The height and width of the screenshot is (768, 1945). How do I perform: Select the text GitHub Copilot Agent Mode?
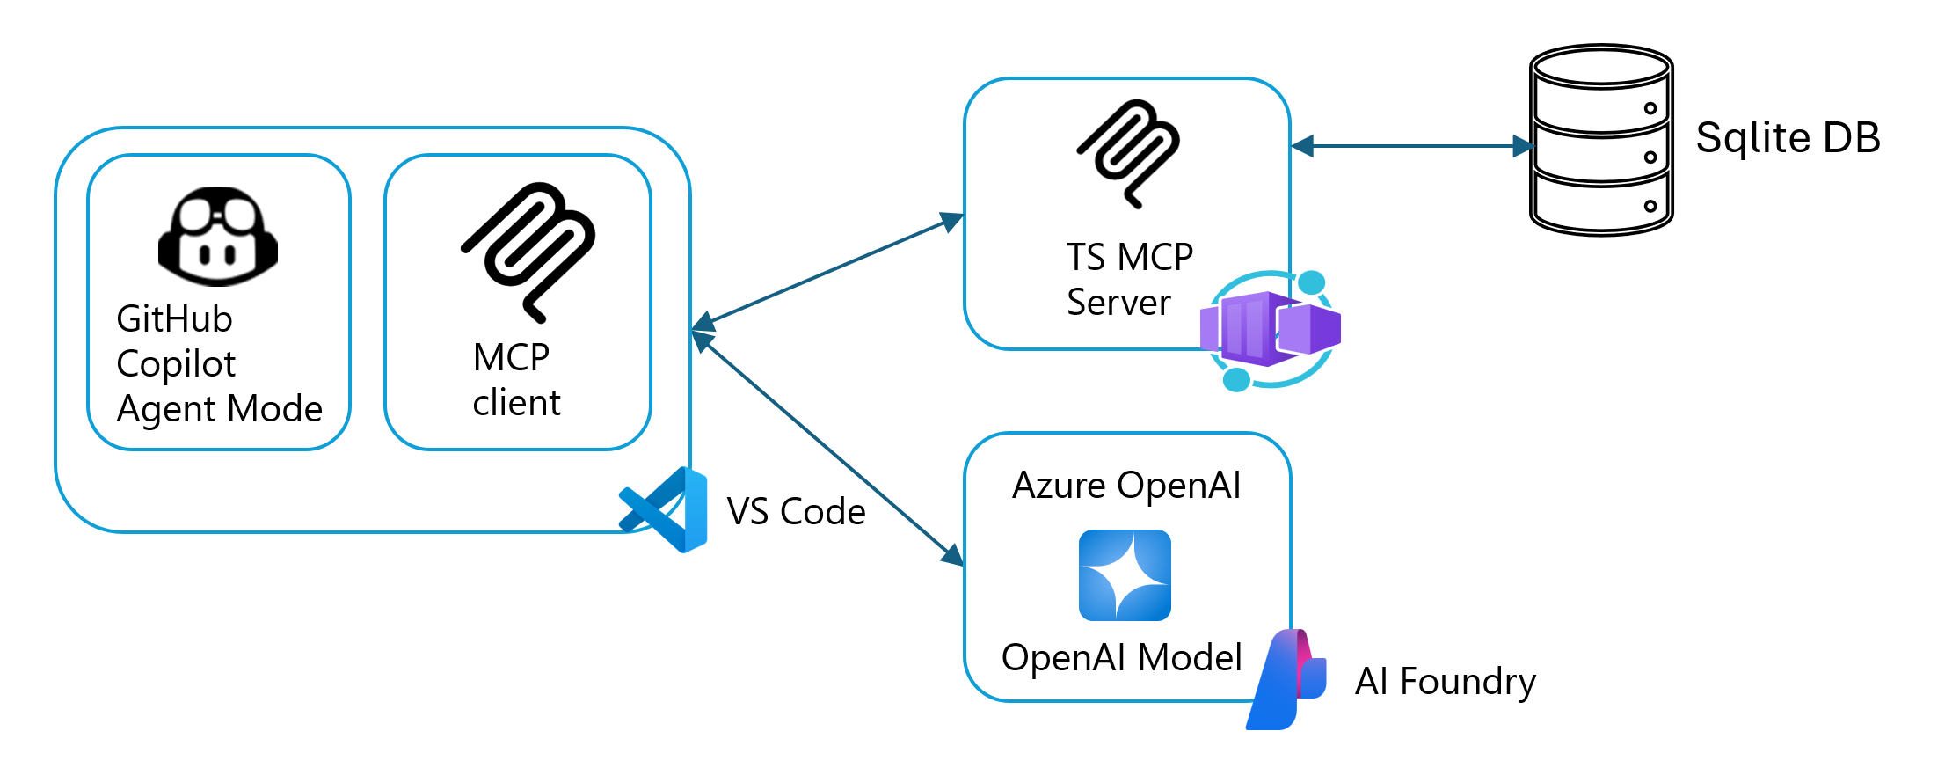[x=219, y=364]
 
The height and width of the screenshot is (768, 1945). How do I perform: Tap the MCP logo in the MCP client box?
[x=528, y=252]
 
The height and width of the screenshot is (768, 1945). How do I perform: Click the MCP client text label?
[x=516, y=380]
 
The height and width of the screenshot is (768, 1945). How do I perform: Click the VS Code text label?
[x=796, y=512]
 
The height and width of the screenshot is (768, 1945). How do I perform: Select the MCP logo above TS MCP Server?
[x=1128, y=153]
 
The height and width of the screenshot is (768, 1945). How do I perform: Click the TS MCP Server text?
[x=1129, y=280]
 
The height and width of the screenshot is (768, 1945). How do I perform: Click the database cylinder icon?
[x=1600, y=141]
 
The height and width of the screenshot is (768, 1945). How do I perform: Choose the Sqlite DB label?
[x=1787, y=138]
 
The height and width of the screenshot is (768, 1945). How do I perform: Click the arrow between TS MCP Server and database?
[x=1412, y=146]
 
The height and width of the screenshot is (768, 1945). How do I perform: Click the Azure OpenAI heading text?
[x=1126, y=486]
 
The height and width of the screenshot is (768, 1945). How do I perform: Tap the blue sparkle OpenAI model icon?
[x=1125, y=575]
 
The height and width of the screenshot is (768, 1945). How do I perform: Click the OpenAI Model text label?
[x=1121, y=658]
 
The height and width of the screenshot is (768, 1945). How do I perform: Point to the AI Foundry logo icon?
[x=1286, y=679]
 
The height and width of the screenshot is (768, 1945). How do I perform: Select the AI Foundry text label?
[x=1445, y=682]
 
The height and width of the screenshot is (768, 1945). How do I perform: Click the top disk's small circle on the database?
[x=1650, y=108]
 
